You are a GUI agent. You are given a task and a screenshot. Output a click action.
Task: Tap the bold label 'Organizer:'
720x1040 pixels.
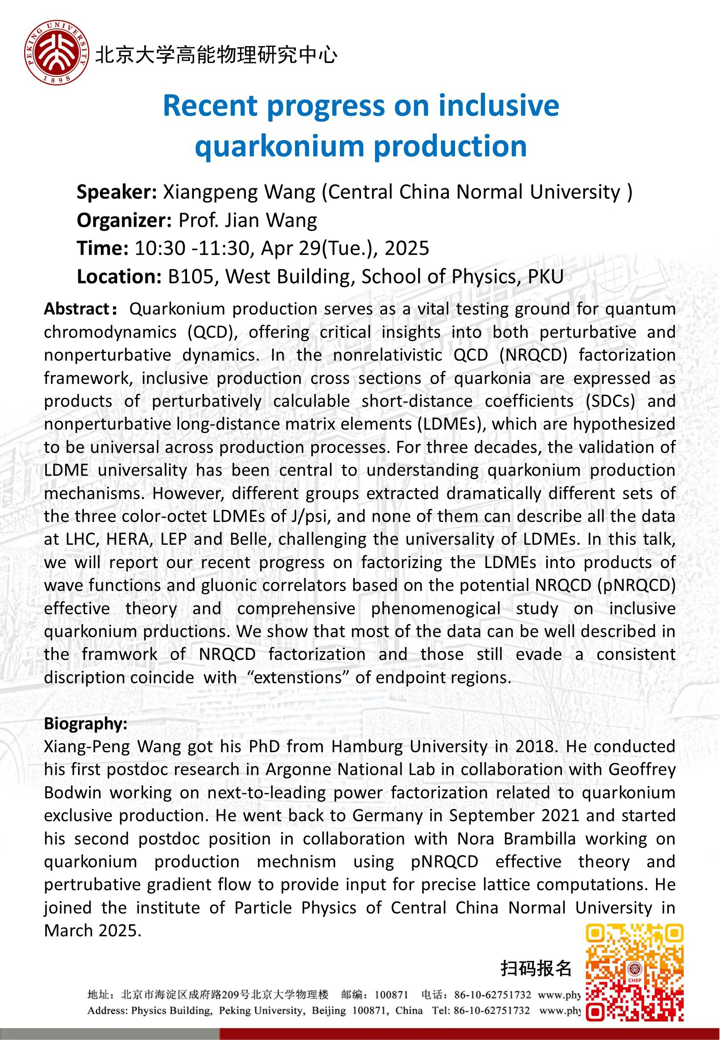coord(124,221)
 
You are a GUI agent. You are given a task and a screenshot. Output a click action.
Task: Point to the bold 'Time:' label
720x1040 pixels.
coord(102,248)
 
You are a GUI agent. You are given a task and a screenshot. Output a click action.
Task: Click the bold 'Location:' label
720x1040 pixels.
coord(119,276)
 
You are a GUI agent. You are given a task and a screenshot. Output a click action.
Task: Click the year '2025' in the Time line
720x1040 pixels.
coord(407,248)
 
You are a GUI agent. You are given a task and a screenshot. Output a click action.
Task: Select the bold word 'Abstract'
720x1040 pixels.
coord(77,309)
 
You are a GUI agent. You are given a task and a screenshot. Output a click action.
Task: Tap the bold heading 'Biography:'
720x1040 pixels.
coord(86,723)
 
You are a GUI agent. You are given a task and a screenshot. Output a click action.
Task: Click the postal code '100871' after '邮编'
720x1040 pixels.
coord(391,994)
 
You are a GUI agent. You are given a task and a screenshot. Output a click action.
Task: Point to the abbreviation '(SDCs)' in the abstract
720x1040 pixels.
coord(610,401)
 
